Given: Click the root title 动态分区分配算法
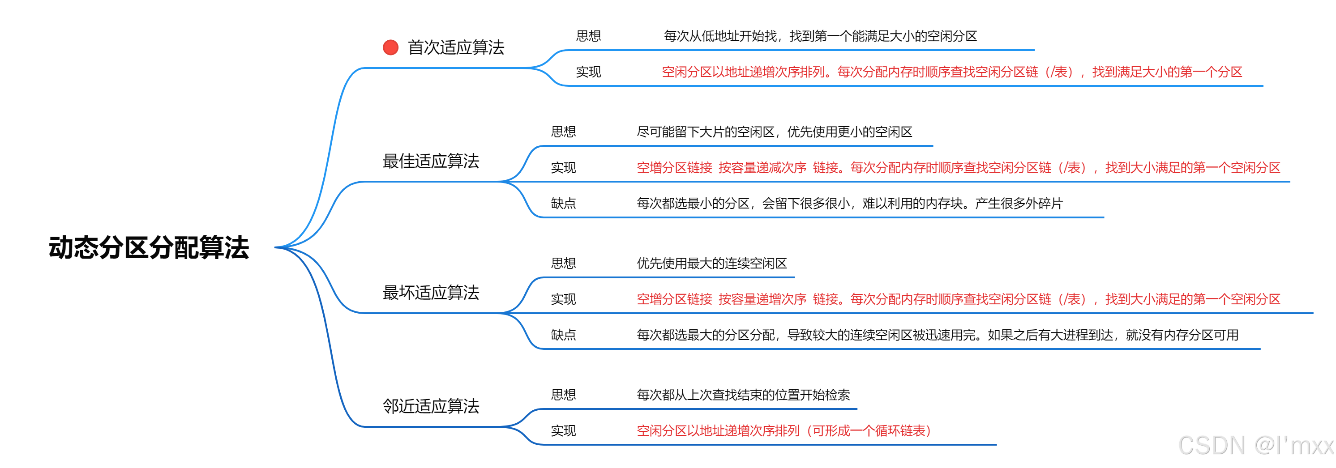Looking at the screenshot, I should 149,247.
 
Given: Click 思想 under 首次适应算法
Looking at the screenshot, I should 588,36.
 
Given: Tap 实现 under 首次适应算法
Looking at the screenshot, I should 588,72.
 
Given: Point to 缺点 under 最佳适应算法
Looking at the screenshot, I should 563,203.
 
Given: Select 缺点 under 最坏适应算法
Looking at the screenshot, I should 563,335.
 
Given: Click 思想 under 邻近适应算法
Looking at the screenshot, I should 563,395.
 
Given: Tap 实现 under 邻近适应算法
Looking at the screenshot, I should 563,431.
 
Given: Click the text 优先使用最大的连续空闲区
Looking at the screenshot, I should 711,263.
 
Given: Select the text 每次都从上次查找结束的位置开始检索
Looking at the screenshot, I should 743,395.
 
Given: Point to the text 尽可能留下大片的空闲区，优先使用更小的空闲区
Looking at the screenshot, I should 774,132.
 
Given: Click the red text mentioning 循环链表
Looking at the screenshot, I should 784,431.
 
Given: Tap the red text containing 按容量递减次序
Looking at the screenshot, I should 958,167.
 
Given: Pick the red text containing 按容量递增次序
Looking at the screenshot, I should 958,299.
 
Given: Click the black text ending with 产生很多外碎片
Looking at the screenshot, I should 849,203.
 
